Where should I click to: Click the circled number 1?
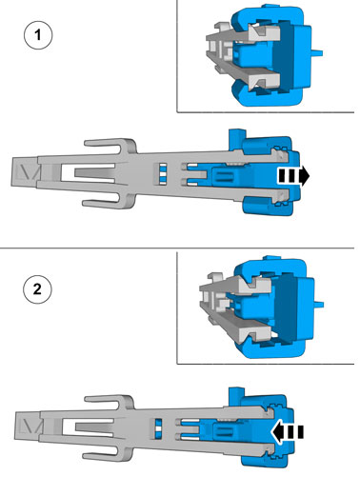point(38,35)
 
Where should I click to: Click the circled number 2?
point(37,289)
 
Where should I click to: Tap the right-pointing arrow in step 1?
point(293,176)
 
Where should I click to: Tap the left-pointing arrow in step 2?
point(288,432)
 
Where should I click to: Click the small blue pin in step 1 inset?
point(317,52)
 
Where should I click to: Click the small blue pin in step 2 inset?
point(319,305)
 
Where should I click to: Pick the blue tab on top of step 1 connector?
point(237,136)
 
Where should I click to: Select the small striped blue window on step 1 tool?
point(163,173)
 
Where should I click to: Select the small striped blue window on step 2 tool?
point(158,428)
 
